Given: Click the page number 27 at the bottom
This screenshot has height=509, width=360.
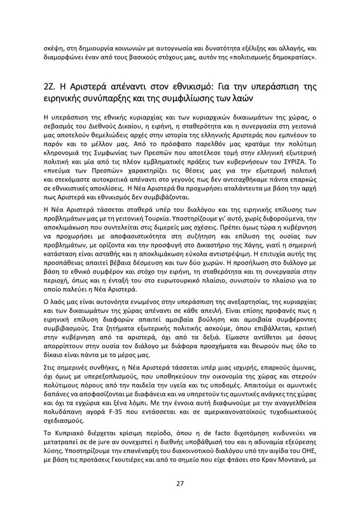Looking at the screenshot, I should (x=180, y=484).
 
